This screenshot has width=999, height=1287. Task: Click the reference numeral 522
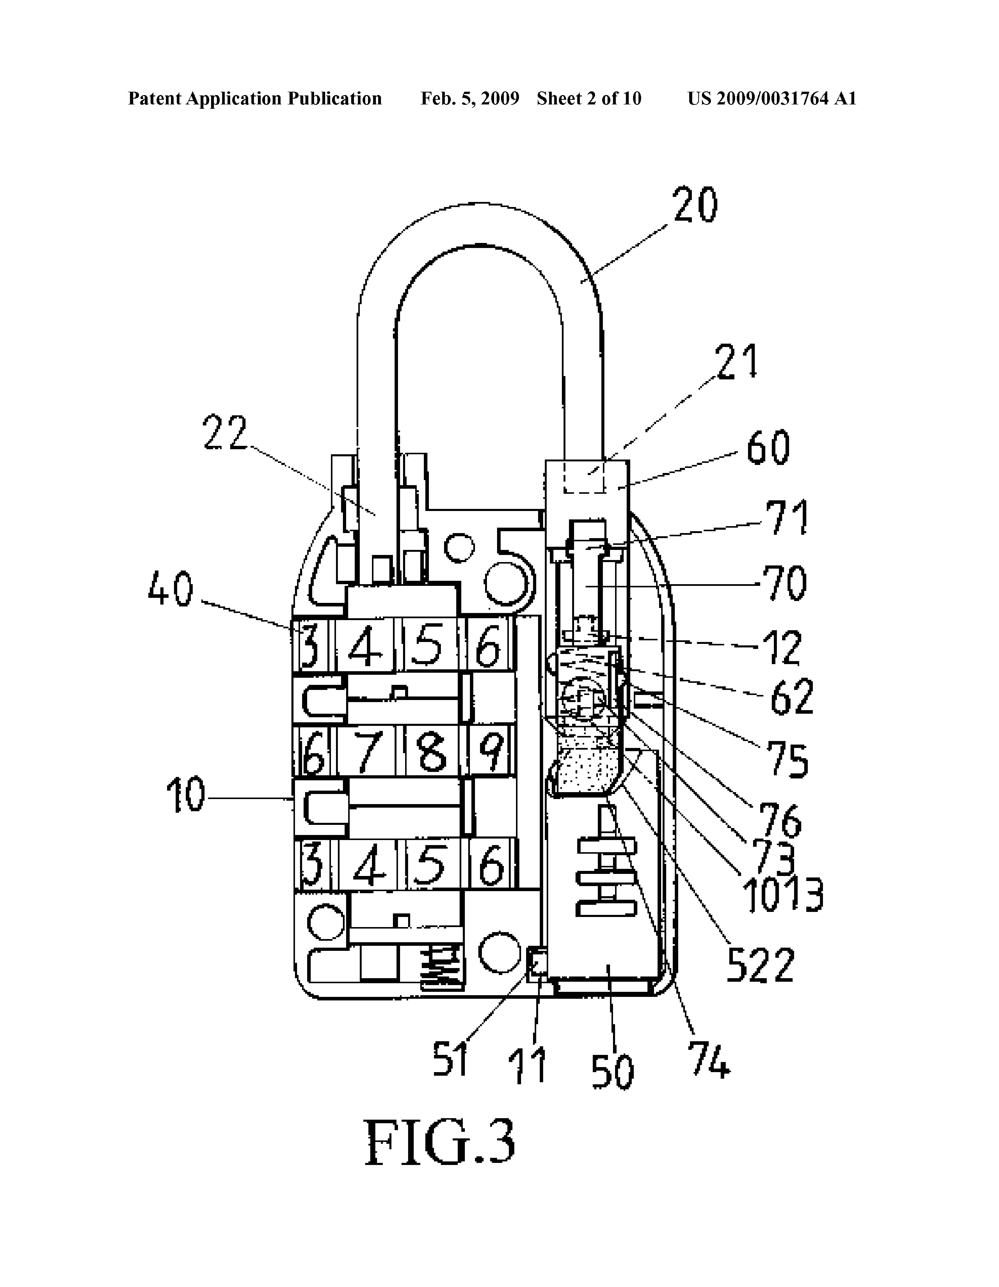(761, 965)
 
